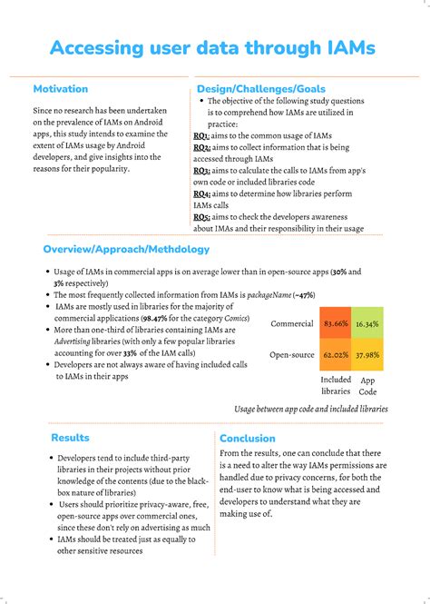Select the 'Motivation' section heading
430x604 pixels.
coord(61,89)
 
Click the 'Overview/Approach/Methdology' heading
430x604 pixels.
coord(126,249)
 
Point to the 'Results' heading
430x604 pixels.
coord(70,438)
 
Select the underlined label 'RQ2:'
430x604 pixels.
coord(202,146)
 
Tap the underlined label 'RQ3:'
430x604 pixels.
coord(202,170)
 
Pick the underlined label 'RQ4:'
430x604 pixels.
coord(202,193)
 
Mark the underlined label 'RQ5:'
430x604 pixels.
coord(202,217)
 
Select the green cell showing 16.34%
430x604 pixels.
coord(366,323)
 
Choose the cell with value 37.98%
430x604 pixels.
coord(366,355)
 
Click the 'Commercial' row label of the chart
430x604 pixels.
coord(292,323)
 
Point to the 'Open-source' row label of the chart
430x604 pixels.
coord(290,355)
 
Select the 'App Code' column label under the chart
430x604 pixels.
coord(368,386)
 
